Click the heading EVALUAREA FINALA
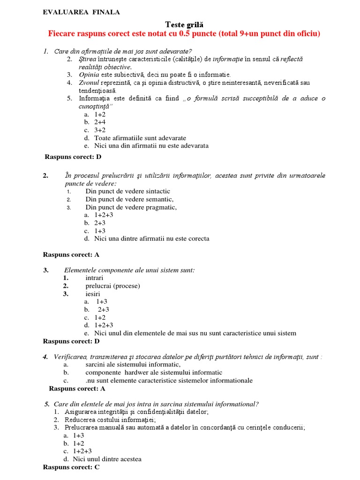81,12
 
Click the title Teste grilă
184,24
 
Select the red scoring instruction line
184,34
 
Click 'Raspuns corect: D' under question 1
73,157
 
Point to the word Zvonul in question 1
89,82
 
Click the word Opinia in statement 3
89,75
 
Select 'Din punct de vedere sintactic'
127,191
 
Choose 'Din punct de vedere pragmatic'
131,207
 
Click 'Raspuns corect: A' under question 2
71,255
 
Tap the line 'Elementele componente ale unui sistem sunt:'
129,270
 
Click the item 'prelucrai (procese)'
112,285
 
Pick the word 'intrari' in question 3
94,277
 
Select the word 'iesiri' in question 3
93,293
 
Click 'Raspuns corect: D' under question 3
71,341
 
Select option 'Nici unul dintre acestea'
107,459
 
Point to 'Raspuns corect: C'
71,467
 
